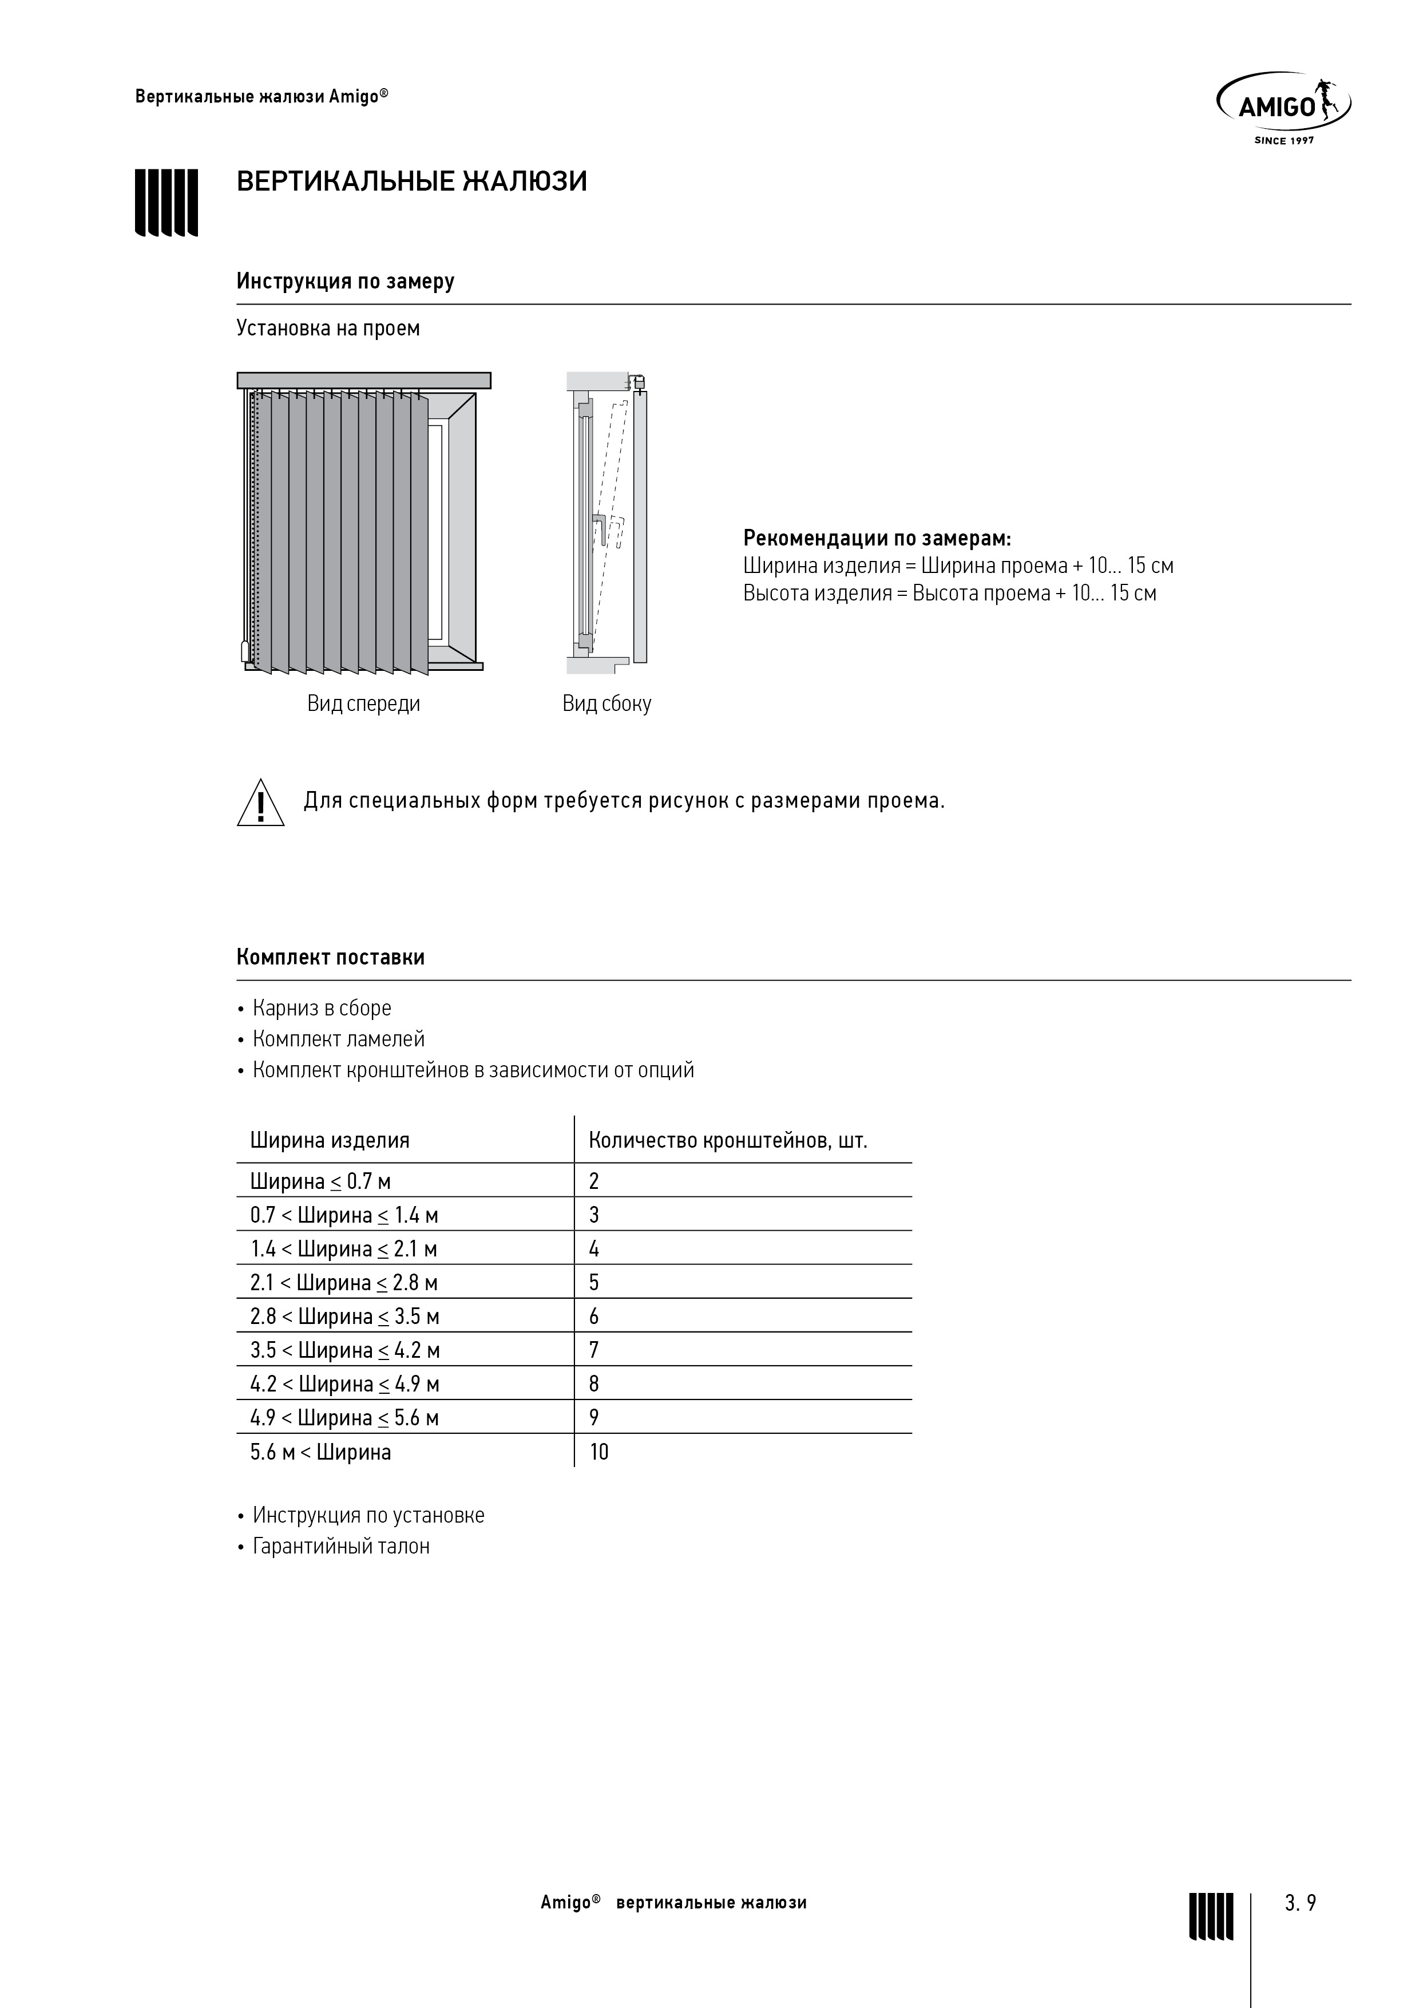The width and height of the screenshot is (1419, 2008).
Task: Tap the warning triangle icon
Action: (260, 804)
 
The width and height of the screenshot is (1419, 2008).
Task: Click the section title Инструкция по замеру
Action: (346, 282)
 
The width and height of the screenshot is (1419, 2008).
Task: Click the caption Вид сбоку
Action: (607, 704)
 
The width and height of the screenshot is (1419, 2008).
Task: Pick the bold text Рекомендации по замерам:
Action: (877, 538)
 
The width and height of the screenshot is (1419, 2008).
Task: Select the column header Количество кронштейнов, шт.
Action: (727, 1140)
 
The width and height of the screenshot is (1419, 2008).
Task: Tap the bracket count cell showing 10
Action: (599, 1453)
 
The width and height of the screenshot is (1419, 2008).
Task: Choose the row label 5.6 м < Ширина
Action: (321, 1453)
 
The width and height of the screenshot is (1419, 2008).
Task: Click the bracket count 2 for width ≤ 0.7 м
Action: (594, 1181)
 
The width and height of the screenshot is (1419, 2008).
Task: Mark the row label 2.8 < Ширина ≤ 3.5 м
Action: (344, 1317)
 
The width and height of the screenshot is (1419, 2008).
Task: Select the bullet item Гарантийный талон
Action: (341, 1546)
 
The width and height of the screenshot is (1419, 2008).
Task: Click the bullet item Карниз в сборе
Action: (322, 1009)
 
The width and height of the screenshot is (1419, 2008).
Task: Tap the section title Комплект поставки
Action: (331, 958)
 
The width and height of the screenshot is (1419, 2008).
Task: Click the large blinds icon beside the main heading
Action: (166, 202)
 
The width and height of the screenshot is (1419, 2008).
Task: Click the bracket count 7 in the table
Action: (594, 1350)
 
